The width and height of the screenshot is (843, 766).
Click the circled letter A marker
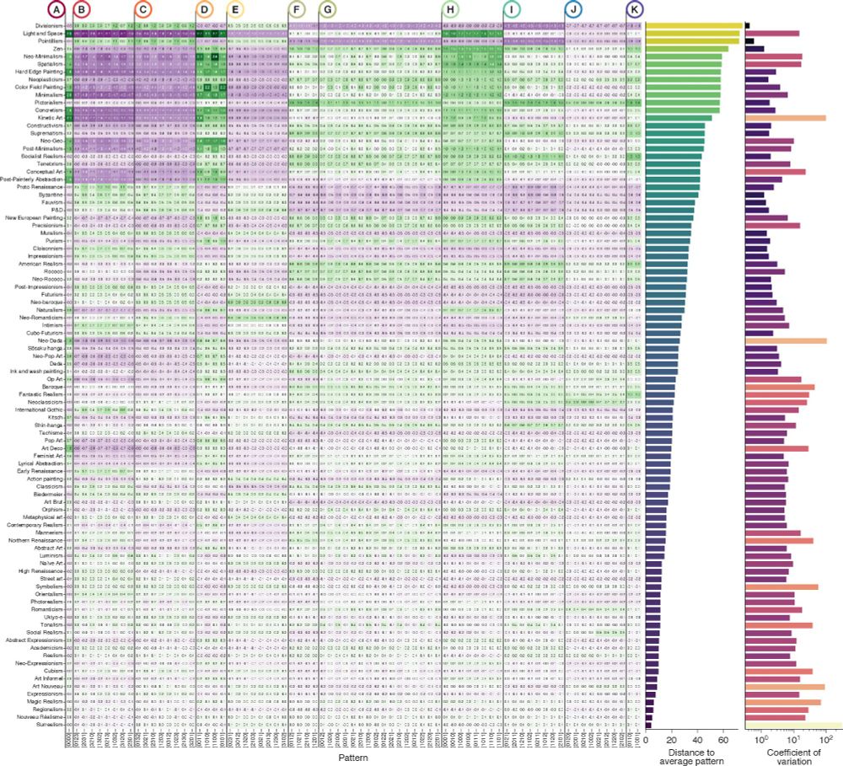[x=56, y=10]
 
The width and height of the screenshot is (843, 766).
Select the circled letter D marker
[x=204, y=10]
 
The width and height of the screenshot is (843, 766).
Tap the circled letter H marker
[x=450, y=10]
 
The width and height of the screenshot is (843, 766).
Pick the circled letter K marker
[x=635, y=10]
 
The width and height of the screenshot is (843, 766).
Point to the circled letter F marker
[x=297, y=10]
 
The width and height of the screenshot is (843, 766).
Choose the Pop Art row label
[x=53, y=440]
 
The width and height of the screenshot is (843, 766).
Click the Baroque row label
[x=52, y=386]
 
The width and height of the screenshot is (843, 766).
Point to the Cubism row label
[x=54, y=670]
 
